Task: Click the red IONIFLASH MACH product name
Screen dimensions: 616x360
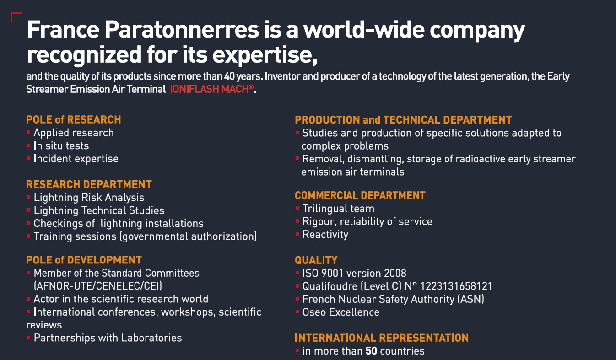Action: coord(212,89)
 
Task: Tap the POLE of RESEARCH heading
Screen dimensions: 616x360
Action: coord(73,119)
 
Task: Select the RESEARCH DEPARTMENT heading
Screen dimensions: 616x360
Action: coord(89,184)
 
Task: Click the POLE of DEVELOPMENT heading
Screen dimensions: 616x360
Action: coord(84,260)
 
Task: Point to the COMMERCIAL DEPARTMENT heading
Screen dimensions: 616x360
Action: coord(360,195)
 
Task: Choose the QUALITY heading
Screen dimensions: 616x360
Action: coord(316,260)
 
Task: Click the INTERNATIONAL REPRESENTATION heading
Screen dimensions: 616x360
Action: coord(382,338)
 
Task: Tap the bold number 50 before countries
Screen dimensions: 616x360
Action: coord(371,351)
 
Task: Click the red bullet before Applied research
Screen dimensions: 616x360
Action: coord(28,133)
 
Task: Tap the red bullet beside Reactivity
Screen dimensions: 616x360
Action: coord(297,234)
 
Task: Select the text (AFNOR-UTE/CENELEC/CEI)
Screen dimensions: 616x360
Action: coord(98,286)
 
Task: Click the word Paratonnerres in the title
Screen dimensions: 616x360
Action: coord(182,30)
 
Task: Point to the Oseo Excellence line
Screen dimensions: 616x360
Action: coord(341,312)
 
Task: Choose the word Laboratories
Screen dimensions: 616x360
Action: coord(151,338)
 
